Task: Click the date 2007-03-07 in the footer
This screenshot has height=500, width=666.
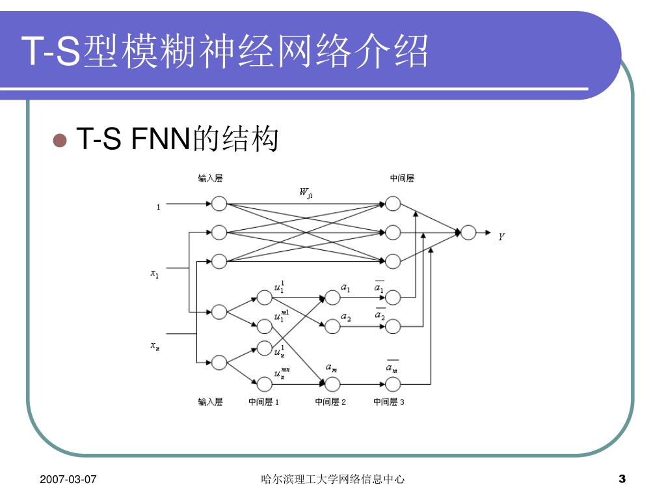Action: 68,480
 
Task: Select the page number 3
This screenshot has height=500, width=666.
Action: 622,480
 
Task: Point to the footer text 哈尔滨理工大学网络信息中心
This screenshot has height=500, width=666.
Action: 332,480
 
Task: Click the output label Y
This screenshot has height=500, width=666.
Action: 501,237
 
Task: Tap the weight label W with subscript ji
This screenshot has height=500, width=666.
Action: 306,192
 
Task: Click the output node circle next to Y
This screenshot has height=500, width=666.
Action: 468,232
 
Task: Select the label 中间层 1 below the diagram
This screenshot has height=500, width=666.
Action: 263,402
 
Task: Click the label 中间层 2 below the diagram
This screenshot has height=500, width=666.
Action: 330,402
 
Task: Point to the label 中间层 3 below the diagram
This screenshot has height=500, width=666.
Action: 388,402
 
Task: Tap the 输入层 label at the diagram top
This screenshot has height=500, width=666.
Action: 210,178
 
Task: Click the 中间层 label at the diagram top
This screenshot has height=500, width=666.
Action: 402,178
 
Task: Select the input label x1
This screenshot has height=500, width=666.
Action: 155,274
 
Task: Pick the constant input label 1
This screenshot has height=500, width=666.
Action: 158,208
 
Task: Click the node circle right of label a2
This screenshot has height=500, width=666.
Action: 393,326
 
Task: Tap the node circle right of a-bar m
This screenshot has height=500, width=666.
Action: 393,384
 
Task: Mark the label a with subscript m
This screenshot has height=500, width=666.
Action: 331,368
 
